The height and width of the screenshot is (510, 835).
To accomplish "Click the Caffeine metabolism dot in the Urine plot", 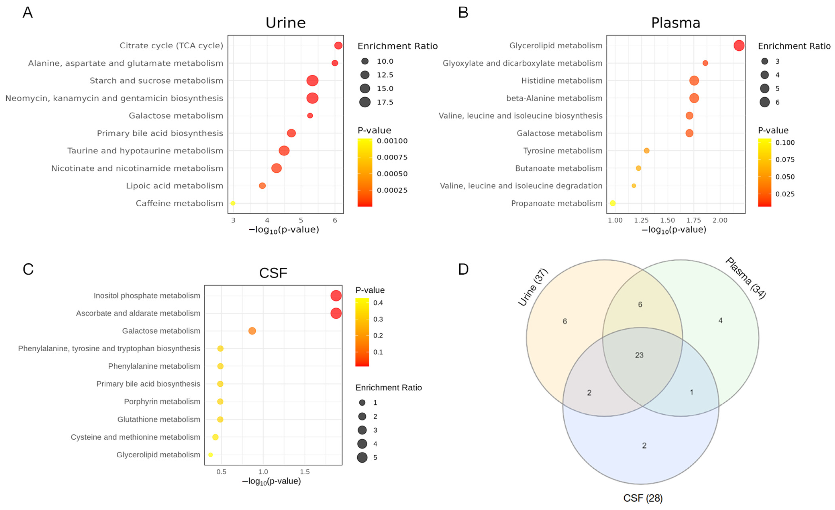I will point(233,203).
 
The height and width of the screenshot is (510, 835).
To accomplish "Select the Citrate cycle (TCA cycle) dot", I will point(338,45).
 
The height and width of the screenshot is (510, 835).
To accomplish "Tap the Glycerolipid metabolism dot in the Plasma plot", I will point(739,45).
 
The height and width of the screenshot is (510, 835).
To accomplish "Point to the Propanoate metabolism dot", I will point(613,203).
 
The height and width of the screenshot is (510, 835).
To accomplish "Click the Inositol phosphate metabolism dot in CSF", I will point(336,296).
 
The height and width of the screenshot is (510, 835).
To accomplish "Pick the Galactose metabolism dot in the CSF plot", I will point(252,331).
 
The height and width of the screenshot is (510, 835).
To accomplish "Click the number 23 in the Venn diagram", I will point(639,355).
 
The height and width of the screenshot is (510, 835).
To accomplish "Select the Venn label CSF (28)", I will point(643,498).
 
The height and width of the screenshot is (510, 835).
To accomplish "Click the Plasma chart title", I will point(675,23).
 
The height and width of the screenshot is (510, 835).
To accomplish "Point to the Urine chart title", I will point(285,23).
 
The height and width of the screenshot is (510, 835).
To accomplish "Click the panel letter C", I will point(28,269).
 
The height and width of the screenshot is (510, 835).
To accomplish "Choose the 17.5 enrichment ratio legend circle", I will point(365,102).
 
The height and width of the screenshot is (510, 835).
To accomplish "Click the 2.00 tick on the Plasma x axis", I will point(720,220).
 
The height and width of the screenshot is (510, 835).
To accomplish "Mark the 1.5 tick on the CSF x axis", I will point(305,472).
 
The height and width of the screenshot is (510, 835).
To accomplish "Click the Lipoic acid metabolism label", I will point(174,186).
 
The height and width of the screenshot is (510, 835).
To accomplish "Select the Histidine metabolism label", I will point(562,81).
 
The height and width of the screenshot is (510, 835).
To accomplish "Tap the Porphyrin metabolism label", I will point(162,402).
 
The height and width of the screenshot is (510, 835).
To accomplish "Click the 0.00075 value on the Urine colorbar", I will point(392,157).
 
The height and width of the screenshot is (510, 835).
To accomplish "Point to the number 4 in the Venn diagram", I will point(720,320).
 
